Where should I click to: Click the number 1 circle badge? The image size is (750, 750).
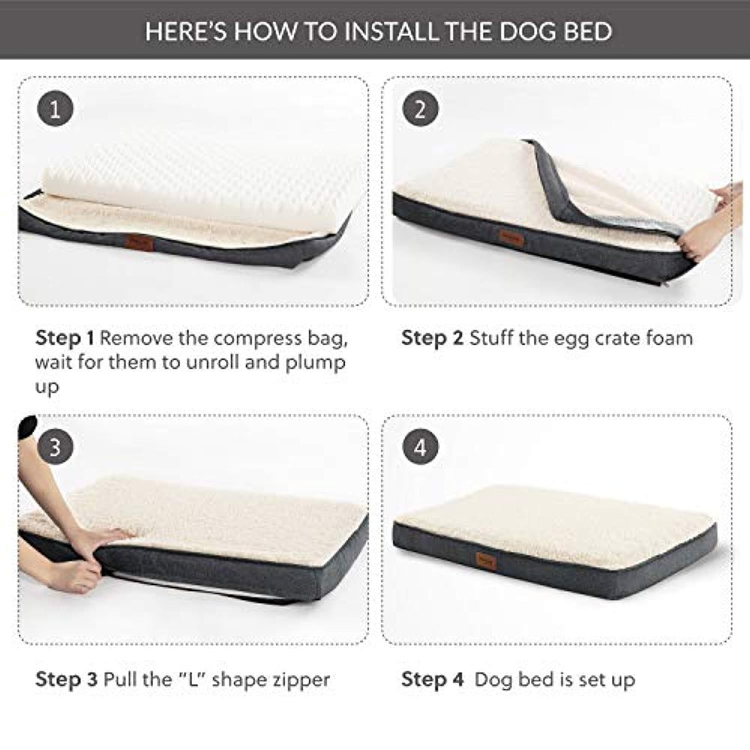click(55, 108)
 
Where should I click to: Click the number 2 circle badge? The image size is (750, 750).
click(420, 108)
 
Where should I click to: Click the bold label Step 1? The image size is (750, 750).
click(64, 338)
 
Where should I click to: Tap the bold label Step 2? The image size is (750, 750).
click(432, 338)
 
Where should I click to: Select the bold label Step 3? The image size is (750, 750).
click(66, 680)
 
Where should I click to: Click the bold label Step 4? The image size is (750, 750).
click(432, 680)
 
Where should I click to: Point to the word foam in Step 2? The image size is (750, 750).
click(670, 338)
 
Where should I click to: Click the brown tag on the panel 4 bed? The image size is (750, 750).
click(486, 561)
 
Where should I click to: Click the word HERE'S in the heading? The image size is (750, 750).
click(185, 32)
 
